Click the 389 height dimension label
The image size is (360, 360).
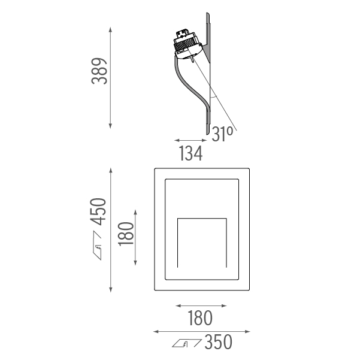pyautogui.click(x=99, y=71)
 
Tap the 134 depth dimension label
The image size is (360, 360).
pyautogui.click(x=190, y=153)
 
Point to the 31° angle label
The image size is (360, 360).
pyautogui.click(x=222, y=134)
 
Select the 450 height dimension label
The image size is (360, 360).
pyautogui.click(x=98, y=211)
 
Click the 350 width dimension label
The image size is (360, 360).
pyautogui.click(x=218, y=342)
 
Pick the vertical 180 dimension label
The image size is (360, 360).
pyautogui.click(x=126, y=234)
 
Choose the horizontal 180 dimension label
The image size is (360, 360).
pyautogui.click(x=200, y=318)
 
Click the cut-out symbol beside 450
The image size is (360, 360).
pyautogui.click(x=97, y=245)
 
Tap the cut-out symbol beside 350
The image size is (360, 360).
pyautogui.click(x=187, y=343)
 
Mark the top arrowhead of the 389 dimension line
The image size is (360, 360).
pyautogui.click(x=110, y=29)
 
